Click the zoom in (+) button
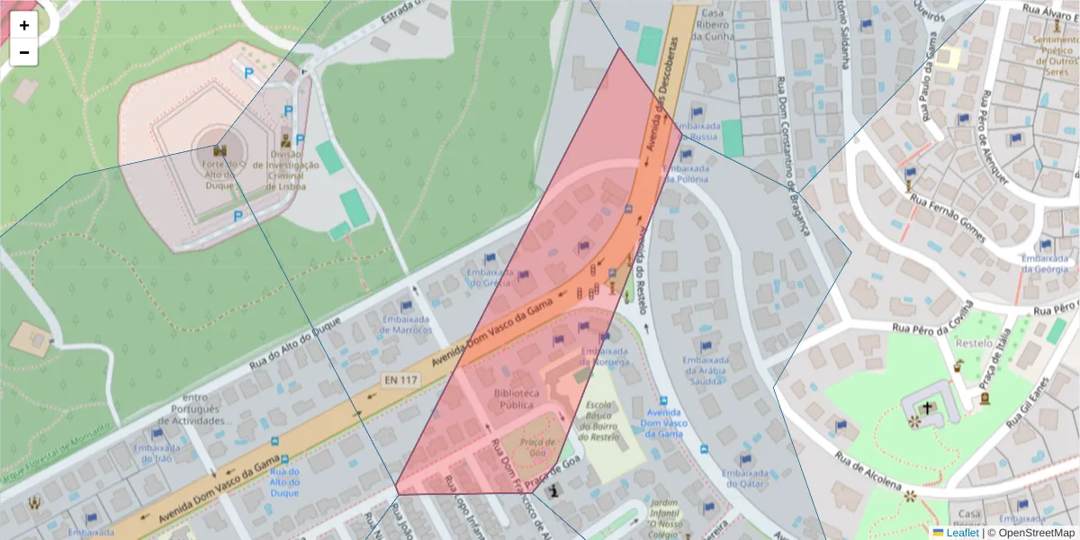24,25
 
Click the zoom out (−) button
24,52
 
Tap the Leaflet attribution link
962,533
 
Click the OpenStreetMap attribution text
1030,533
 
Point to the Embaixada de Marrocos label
406,324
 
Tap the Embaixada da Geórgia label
1044,263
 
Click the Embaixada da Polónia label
693,173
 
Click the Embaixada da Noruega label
604,356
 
